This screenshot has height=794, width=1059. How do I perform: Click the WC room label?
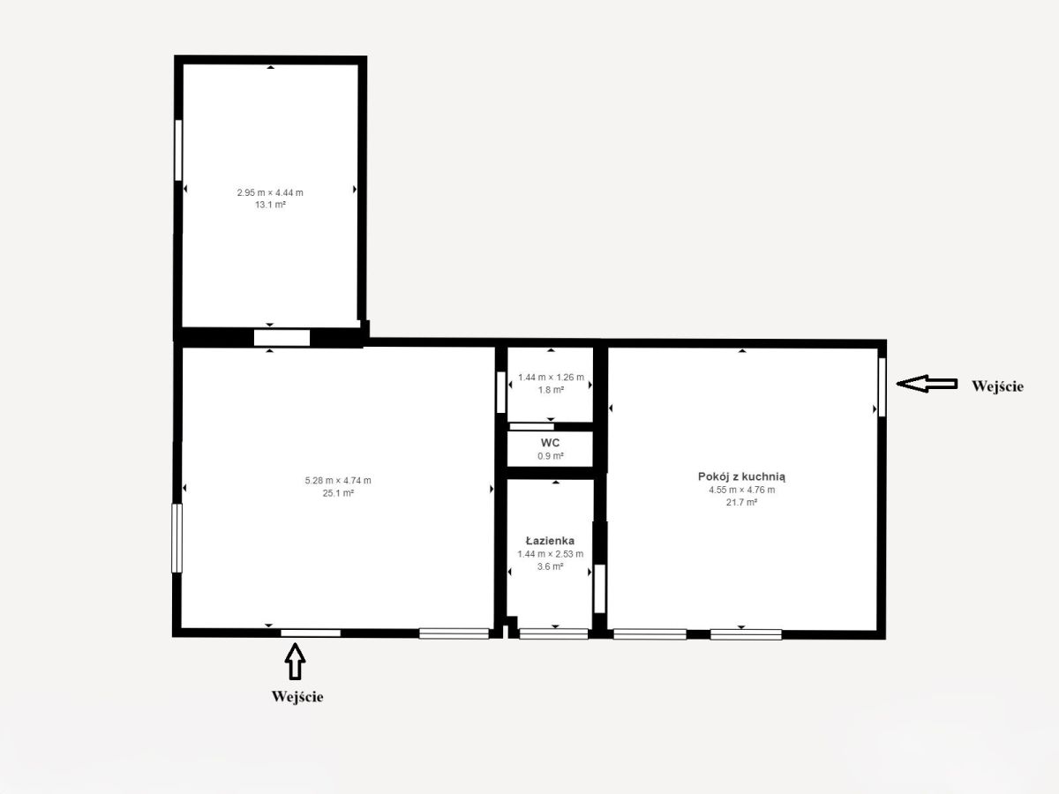pos(550,443)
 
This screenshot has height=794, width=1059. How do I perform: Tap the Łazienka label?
pos(550,541)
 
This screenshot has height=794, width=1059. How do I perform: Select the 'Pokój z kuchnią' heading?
pos(741,476)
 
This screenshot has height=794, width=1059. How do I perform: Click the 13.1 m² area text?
pos(270,205)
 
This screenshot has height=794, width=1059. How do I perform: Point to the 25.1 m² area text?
pos(338,493)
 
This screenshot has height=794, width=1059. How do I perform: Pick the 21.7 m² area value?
pos(741,502)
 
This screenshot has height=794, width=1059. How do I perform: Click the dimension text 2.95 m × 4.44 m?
pos(270,193)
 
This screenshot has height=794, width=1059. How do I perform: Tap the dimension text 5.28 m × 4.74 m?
pos(338,481)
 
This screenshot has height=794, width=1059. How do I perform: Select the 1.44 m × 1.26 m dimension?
pos(551,378)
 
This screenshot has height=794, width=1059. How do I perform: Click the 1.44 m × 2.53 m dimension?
pos(551,554)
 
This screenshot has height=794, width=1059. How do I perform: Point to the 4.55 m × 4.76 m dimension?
pos(742,490)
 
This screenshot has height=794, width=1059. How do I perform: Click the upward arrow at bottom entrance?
pos(295,662)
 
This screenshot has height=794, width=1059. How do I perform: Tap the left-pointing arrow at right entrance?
pos(927,384)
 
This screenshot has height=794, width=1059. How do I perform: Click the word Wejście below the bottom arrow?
pos(297,697)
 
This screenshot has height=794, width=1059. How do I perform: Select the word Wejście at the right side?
pos(998,386)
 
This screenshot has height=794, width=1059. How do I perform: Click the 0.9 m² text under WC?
pos(551,456)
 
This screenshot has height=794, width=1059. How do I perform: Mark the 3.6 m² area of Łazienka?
pos(551,567)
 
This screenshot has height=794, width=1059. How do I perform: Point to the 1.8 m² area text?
pos(551,390)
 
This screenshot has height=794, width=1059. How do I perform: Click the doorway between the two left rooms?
pos(282,338)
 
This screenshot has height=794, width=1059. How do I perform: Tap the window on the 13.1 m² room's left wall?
pos(178,150)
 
